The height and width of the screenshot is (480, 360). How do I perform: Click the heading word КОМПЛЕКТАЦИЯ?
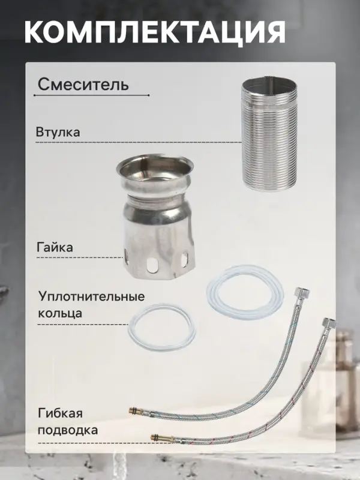tap(155, 31)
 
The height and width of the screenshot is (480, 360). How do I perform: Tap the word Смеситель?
tap(83, 84)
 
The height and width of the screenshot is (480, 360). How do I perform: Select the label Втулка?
tap(58, 131)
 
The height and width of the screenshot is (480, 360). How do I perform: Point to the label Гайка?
tap(55, 247)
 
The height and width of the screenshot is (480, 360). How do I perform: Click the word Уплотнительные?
tap(91, 297)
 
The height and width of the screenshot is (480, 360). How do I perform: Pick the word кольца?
tap(60, 313)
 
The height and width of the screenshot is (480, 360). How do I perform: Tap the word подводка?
tap(67, 430)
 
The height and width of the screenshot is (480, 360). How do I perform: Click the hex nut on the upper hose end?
tap(298, 296)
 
